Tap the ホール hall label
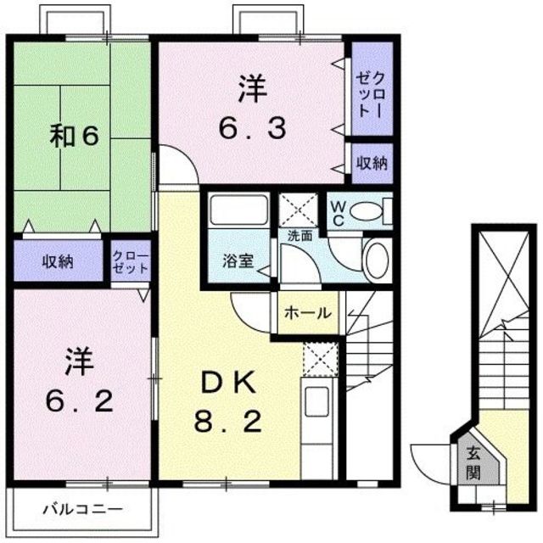coord(307,312)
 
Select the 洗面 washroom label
coord(298,236)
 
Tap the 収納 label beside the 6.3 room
coord(372,162)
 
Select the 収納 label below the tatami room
coord(58,261)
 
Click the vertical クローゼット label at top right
coord(372,88)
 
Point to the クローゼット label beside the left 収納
coord(130,261)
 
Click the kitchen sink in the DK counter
coord(316,402)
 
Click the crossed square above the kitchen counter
coord(320,356)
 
